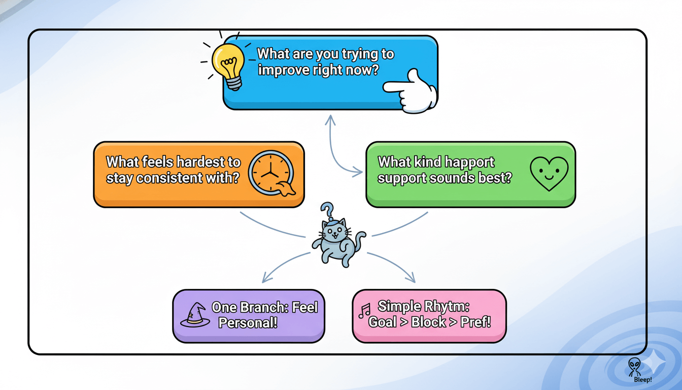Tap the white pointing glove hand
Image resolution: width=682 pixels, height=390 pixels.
point(412,91)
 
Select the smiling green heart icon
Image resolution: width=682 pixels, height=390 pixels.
point(549,173)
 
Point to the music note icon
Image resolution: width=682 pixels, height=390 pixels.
point(364,311)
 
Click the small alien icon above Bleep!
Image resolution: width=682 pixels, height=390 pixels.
point(634,367)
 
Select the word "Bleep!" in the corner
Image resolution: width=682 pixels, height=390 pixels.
point(643,380)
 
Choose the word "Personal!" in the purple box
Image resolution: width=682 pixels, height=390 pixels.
point(248,322)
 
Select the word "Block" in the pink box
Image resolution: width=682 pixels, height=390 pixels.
point(428,322)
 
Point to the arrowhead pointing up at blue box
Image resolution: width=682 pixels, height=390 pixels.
point(330,120)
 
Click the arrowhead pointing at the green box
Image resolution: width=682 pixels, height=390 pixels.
point(358,172)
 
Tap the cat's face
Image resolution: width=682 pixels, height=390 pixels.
point(334,234)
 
